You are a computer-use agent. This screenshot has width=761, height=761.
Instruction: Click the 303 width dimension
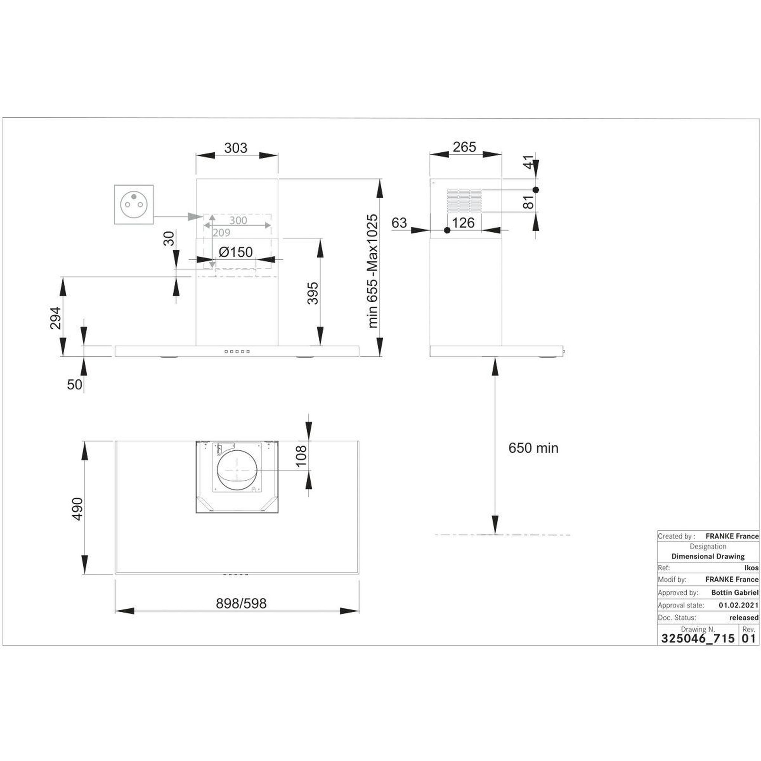tap(236, 148)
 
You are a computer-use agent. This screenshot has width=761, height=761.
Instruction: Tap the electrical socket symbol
tap(134, 204)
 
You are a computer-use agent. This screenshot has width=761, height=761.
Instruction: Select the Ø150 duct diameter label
tap(236, 252)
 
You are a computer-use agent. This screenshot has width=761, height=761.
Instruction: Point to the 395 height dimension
tap(313, 293)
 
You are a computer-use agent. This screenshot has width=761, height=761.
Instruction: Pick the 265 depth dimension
tap(464, 147)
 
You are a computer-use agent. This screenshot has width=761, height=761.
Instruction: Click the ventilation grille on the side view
tap(464, 201)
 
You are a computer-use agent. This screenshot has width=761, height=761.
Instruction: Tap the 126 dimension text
tap(463, 223)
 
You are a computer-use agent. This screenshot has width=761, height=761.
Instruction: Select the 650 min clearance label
tap(533, 448)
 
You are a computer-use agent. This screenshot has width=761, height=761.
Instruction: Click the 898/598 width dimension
tap(241, 603)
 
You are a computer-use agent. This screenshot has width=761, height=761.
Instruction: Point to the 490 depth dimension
tap(78, 509)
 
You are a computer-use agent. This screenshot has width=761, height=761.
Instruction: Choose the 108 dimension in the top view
tap(301, 456)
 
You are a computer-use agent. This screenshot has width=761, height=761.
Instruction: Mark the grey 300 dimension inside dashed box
tap(238, 220)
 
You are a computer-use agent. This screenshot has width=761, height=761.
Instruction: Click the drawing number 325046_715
tap(698, 638)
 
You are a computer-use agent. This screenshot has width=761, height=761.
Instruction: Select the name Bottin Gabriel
tap(735, 592)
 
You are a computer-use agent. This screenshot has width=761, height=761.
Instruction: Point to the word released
tap(744, 618)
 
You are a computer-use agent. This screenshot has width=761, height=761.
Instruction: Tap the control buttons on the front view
tap(237, 352)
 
